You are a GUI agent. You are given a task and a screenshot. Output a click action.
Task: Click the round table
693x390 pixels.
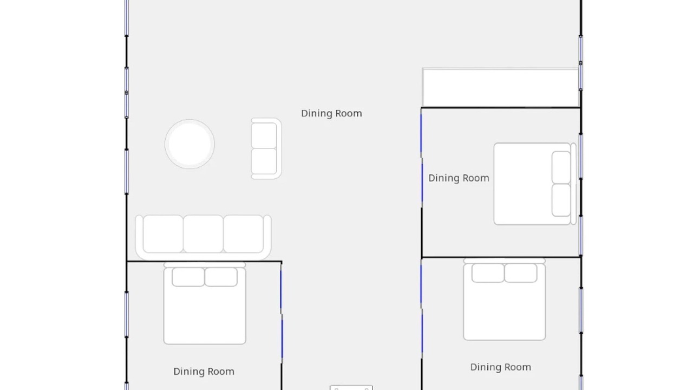point(189,144)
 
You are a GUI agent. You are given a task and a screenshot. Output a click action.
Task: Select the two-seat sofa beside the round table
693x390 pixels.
point(266,148)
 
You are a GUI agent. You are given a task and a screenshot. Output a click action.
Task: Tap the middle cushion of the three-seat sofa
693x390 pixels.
point(203,234)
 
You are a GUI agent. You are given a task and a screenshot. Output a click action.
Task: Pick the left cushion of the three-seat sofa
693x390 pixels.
point(163,234)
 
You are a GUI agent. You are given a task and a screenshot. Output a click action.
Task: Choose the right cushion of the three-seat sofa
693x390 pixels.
point(244,234)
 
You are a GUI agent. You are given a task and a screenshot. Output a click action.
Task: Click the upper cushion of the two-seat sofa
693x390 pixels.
point(264,135)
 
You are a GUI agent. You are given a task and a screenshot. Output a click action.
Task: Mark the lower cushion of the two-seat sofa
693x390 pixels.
point(264,161)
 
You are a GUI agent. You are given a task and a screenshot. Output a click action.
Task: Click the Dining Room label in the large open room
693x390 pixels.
point(331,114)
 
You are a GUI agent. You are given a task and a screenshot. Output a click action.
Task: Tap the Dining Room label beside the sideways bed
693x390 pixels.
point(459,178)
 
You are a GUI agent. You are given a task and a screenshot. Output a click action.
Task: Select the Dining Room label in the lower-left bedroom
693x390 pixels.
point(204,372)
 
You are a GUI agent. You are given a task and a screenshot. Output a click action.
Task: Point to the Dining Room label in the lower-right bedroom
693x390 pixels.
point(501,367)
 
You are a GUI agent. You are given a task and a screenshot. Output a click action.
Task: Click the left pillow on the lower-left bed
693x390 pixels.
point(188,277)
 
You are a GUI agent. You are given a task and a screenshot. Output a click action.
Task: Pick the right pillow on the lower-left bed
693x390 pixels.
point(221,277)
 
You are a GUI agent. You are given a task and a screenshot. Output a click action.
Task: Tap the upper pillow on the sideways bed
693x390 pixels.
point(561,167)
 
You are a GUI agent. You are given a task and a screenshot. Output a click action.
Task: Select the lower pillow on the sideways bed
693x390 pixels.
point(561,200)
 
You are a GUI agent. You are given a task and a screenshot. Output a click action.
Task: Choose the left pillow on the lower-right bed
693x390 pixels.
point(488,273)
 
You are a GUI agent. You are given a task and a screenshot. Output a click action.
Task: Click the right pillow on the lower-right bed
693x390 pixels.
point(521,273)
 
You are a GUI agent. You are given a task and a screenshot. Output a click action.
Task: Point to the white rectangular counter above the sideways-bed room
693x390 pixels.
point(501,88)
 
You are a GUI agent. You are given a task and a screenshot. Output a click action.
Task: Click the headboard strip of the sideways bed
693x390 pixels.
point(573,184)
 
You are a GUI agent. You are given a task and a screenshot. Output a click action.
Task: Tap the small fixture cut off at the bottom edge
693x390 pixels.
point(351,387)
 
